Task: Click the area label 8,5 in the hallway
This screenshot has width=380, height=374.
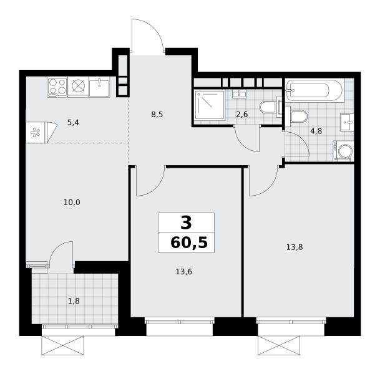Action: click(157, 115)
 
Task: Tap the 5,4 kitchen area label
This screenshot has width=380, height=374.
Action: click(73, 123)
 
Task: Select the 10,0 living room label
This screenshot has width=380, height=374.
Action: click(72, 202)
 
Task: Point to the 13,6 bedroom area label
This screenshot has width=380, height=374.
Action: click(183, 272)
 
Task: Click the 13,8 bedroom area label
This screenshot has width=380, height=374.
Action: click(295, 247)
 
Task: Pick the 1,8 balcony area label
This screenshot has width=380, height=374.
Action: click(74, 301)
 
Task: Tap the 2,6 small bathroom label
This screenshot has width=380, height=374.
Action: click(242, 114)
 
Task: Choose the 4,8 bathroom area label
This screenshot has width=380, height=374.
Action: click(316, 131)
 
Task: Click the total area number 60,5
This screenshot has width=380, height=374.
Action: click(189, 242)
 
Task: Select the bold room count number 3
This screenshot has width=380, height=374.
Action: click(186, 223)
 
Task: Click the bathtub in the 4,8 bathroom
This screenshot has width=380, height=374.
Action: click(314, 90)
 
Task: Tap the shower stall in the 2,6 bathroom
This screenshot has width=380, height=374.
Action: click(210, 104)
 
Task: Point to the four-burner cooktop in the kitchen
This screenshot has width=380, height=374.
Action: click(57, 87)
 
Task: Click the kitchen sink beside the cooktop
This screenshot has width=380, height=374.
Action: click(99, 87)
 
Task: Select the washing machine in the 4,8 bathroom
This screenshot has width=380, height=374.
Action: click(343, 151)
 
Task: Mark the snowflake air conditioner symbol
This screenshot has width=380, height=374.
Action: click(36, 132)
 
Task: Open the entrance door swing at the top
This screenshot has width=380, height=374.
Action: click(147, 36)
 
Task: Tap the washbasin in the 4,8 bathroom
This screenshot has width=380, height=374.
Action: click(347, 122)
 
